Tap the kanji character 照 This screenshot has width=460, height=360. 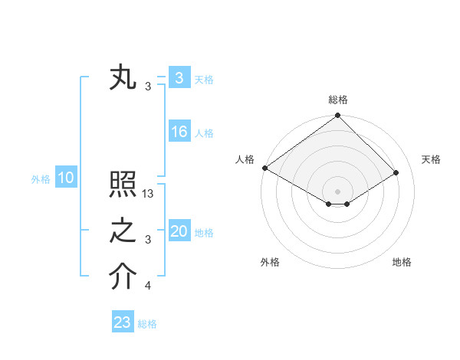click(123, 185)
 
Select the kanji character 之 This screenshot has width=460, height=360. click(123, 231)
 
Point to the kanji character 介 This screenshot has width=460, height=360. click(123, 277)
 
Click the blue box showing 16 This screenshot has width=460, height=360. click(179, 132)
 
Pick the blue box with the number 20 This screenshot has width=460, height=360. click(179, 231)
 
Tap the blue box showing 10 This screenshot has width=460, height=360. click(66, 178)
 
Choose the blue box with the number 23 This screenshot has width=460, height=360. click(122, 322)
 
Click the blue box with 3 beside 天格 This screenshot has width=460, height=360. click(179, 77)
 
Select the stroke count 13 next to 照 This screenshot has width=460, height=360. click(149, 194)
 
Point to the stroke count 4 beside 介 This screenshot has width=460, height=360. click(148, 286)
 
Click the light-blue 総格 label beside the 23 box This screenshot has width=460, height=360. click(147, 324)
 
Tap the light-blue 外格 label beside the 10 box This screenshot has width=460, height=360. click(41, 179)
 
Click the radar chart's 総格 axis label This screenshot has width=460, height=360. click(338, 100)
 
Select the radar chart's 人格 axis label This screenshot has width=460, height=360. click(245, 159)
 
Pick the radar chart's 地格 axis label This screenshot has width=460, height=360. click(402, 263)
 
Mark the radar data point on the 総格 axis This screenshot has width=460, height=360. click(337, 116)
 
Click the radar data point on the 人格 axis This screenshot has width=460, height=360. click(264, 168)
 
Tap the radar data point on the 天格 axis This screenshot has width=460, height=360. click(396, 172)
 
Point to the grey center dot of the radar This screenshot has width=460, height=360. click(337, 191)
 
